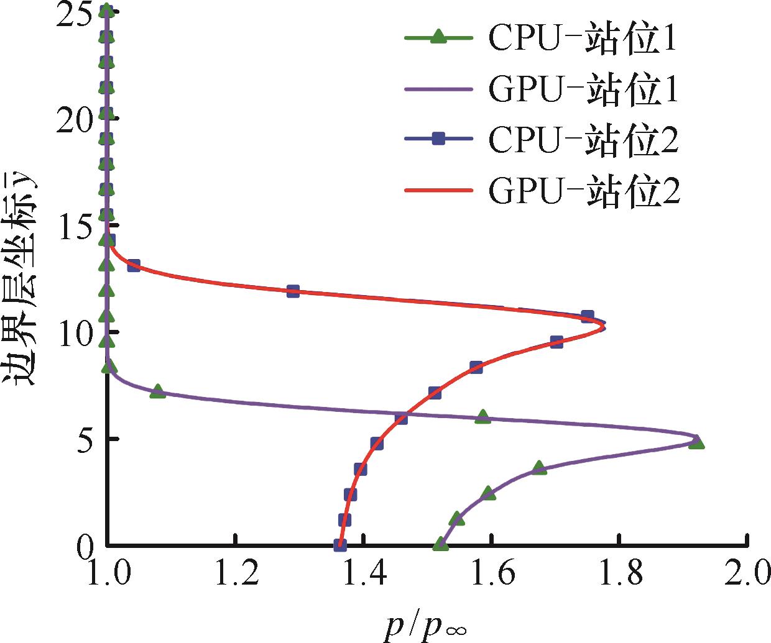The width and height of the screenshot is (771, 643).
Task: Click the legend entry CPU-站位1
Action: tap(583, 40)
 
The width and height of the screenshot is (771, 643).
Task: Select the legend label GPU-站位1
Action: tap(583, 91)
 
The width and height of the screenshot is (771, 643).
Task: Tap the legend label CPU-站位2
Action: tap(583, 141)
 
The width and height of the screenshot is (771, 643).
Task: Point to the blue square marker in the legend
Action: tap(438, 140)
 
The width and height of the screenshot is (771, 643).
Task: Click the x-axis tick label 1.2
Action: tap(235, 574)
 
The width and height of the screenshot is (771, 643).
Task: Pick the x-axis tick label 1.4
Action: tap(363, 574)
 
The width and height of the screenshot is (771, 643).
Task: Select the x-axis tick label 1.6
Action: tap(491, 574)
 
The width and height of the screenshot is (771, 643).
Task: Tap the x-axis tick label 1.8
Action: tap(619, 574)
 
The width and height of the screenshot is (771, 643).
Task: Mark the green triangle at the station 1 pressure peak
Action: tap(696, 442)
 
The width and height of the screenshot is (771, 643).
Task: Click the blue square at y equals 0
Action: tap(339, 545)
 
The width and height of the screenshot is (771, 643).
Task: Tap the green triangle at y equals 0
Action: tap(440, 544)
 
